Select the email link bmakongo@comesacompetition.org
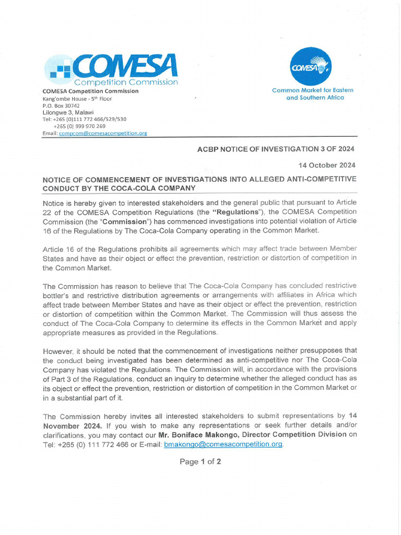(223, 444)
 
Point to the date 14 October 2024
(327, 165)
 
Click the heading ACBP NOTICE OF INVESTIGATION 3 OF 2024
(276, 149)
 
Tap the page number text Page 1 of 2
(200, 461)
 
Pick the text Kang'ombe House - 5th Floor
(77, 98)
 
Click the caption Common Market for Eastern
(312, 90)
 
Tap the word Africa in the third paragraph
(325, 295)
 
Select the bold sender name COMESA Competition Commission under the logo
(90, 91)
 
